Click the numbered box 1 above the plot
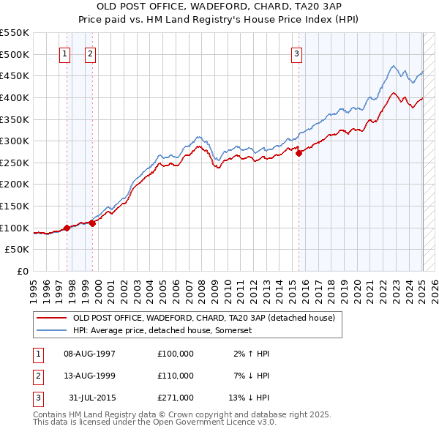64,53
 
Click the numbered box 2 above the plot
90,53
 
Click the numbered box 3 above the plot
297,53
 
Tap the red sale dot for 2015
299,153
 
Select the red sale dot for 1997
67,228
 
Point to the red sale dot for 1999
93,223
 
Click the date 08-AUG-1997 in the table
90,354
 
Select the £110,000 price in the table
176,376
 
